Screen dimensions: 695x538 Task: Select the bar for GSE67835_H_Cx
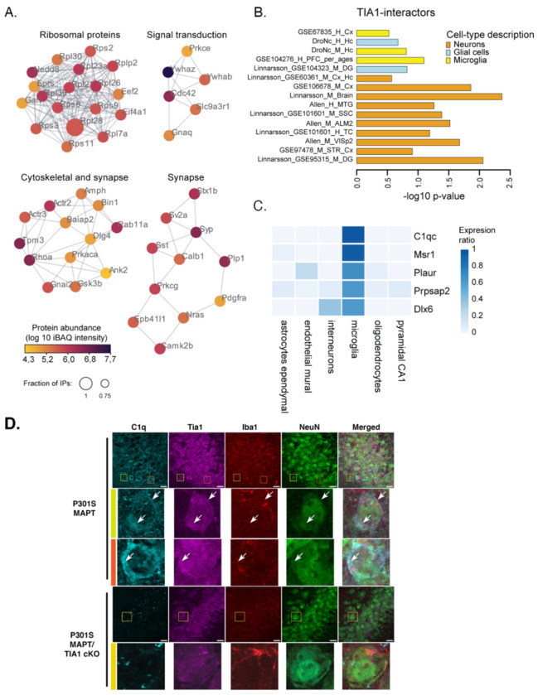(x=373, y=32)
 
